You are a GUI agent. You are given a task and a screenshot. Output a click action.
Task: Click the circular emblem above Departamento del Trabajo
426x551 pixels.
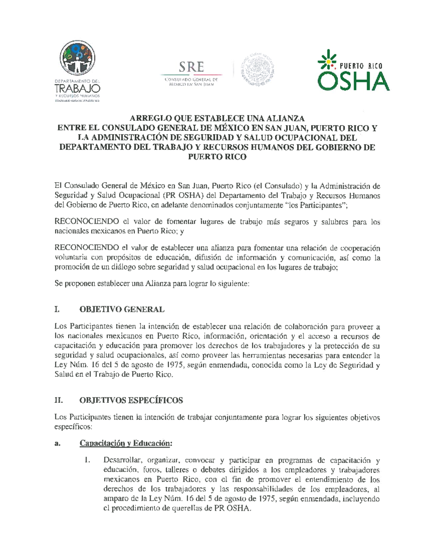click(77, 57)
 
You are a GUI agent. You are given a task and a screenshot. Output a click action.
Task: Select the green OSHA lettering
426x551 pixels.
click(353, 81)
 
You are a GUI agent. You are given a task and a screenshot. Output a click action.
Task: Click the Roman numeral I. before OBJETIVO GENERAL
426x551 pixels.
click(57, 309)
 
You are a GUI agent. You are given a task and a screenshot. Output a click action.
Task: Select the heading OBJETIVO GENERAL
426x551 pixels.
click(122, 309)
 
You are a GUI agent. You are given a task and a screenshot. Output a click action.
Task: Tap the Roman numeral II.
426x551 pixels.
click(59, 400)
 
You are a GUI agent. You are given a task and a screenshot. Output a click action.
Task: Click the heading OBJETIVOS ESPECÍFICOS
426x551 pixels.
click(131, 400)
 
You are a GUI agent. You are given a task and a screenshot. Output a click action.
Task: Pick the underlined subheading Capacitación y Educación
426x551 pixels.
click(126, 443)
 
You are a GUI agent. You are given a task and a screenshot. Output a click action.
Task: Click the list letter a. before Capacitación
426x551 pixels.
click(57, 443)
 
